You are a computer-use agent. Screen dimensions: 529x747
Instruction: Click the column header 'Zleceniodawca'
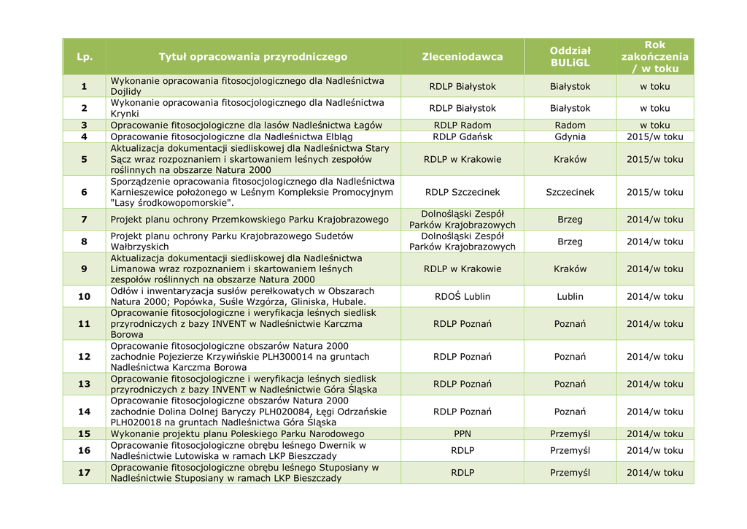pos(462,56)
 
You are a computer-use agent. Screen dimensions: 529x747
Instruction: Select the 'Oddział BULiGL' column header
pos(570,56)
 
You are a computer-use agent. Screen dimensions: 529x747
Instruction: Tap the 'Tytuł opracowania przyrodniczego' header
pos(253,56)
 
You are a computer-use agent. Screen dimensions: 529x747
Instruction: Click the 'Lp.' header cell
pos(84,56)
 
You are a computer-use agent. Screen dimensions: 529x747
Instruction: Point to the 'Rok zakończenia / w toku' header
pos(654,56)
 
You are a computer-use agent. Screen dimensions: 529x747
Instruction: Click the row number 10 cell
pos(84,296)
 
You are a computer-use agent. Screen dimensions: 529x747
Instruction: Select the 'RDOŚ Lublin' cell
pos(462,296)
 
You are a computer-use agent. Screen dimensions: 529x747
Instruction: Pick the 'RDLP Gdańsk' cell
pos(462,136)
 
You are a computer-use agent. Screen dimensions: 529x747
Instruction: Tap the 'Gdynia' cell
pos(570,136)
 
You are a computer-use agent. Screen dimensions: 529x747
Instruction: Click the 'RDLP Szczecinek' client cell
pos(462,192)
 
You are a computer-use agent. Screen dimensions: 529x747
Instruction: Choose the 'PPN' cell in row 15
pos(462,433)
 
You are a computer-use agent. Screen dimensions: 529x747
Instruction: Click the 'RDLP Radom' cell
pos(462,125)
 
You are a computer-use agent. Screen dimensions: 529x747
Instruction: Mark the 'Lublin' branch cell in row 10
pos(570,296)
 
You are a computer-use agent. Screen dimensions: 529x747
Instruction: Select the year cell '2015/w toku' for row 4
pos(654,136)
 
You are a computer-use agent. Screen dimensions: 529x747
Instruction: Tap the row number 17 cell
pos(84,472)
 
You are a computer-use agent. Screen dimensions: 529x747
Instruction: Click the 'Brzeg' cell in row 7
pos(570,219)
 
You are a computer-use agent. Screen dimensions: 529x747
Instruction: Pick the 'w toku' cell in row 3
pos(654,125)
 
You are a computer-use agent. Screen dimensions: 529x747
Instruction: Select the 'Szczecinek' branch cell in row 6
pos(570,192)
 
